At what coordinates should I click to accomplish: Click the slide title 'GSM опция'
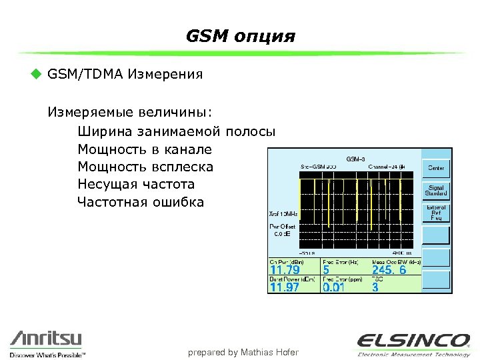coord(240,35)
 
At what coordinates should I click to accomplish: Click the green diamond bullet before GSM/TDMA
coord(37,73)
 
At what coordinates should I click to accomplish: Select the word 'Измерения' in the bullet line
coord(169,73)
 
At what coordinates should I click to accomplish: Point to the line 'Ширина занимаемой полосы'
coord(176,131)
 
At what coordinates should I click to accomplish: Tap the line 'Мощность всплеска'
coord(145,166)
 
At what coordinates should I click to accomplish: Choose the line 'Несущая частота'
coord(136,184)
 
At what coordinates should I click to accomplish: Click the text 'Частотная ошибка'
coord(141,202)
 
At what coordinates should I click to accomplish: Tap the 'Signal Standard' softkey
coord(437,191)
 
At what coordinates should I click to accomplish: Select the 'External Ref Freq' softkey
coord(437,213)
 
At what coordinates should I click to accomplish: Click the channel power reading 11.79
coord(285,271)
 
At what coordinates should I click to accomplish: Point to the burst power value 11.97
coord(285,287)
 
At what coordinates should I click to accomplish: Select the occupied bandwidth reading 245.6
coord(389,271)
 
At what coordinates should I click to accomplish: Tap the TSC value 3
coord(375,287)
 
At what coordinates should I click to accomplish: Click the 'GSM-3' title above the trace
coord(355,159)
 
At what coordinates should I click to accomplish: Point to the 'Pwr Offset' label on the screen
coord(282,226)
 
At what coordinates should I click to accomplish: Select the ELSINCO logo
coord(413,342)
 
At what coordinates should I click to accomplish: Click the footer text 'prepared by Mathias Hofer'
coord(243,352)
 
